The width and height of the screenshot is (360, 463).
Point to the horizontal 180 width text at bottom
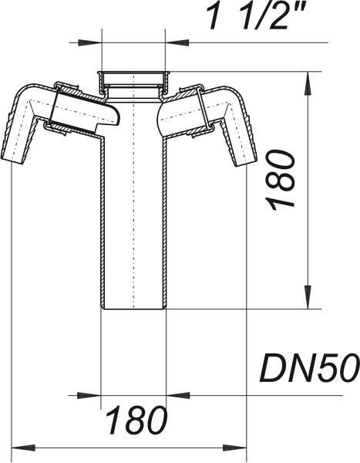[x=136, y=421]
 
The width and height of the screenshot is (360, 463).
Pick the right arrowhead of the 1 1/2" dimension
[x=177, y=42]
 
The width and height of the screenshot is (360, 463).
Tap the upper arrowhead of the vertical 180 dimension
[x=308, y=83]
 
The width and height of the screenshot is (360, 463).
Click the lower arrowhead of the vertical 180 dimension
[x=308, y=297]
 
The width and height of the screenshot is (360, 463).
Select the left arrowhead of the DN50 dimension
[x=89, y=395]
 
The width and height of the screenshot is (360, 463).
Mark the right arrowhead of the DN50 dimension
[x=177, y=395]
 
